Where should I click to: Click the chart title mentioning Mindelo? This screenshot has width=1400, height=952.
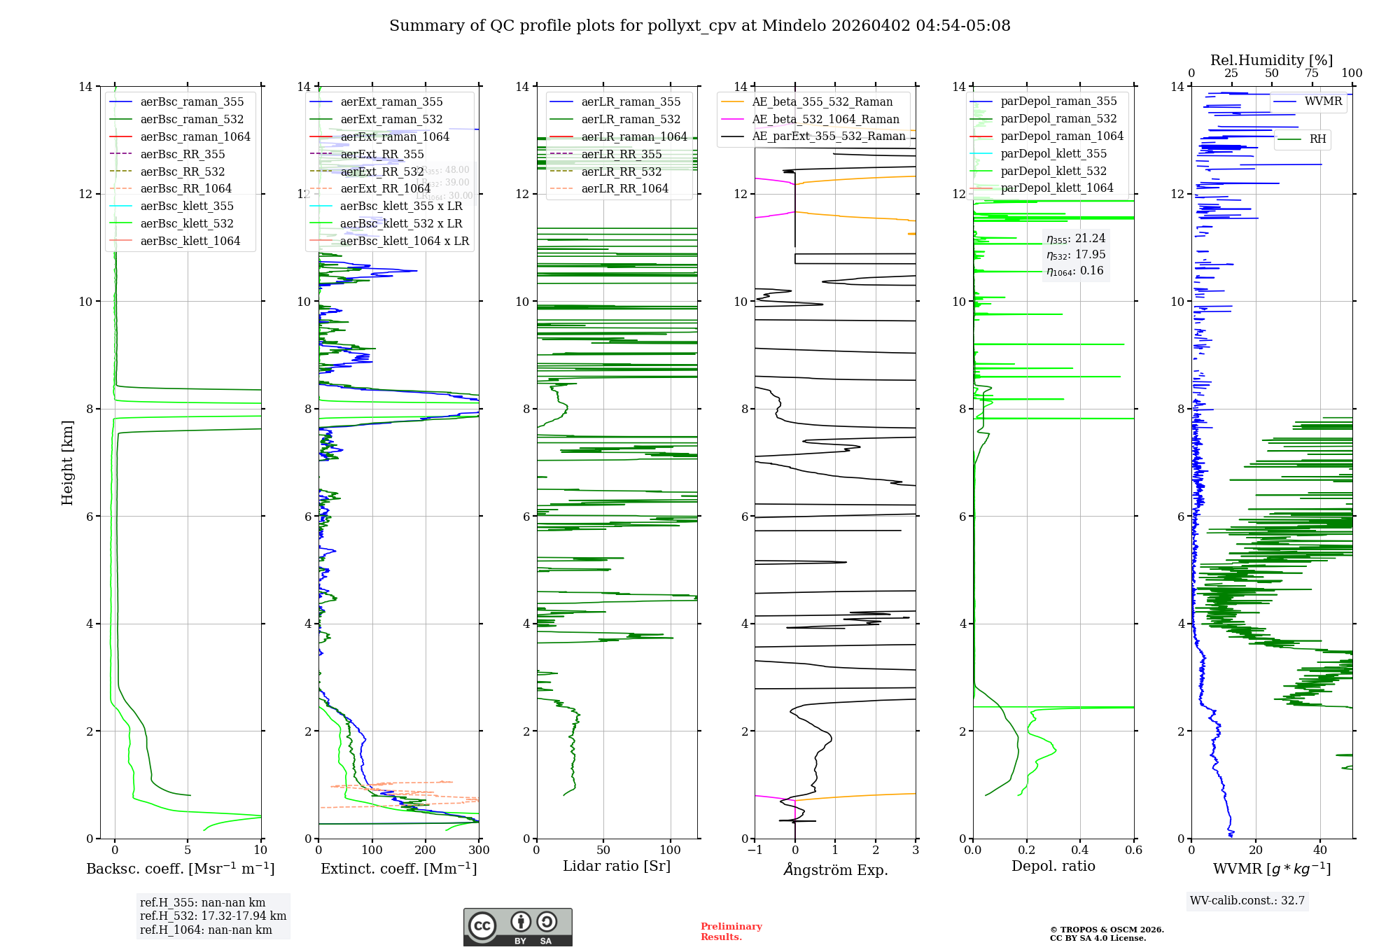699,26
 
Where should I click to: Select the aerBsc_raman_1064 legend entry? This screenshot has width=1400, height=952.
195,136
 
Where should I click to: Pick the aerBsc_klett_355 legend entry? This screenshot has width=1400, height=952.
186,206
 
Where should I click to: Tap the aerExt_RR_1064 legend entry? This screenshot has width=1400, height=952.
385,188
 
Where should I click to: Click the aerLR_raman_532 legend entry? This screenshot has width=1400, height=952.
630,119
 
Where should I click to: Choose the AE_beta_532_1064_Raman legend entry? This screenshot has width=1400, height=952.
825,119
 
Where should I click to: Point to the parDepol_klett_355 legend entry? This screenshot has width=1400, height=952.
1053,153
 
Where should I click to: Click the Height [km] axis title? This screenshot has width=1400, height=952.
67,462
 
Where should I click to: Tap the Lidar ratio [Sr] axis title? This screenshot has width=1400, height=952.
617,867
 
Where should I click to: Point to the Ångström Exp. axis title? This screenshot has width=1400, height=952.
835,869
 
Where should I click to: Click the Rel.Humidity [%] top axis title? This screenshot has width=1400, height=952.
1271,60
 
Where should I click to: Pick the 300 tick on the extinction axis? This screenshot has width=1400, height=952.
479,850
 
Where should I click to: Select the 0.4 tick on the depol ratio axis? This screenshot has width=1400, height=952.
1080,850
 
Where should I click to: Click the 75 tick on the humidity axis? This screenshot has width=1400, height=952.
1312,73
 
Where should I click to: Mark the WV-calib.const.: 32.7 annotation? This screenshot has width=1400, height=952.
1247,901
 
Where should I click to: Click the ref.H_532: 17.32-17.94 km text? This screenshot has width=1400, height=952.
213,916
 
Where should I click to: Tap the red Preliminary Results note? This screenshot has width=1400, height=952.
731,932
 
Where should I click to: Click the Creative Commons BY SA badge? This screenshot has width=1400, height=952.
517,927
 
